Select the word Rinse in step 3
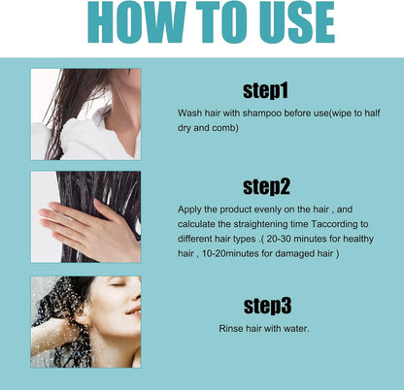pyautogui.click(x=232, y=328)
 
